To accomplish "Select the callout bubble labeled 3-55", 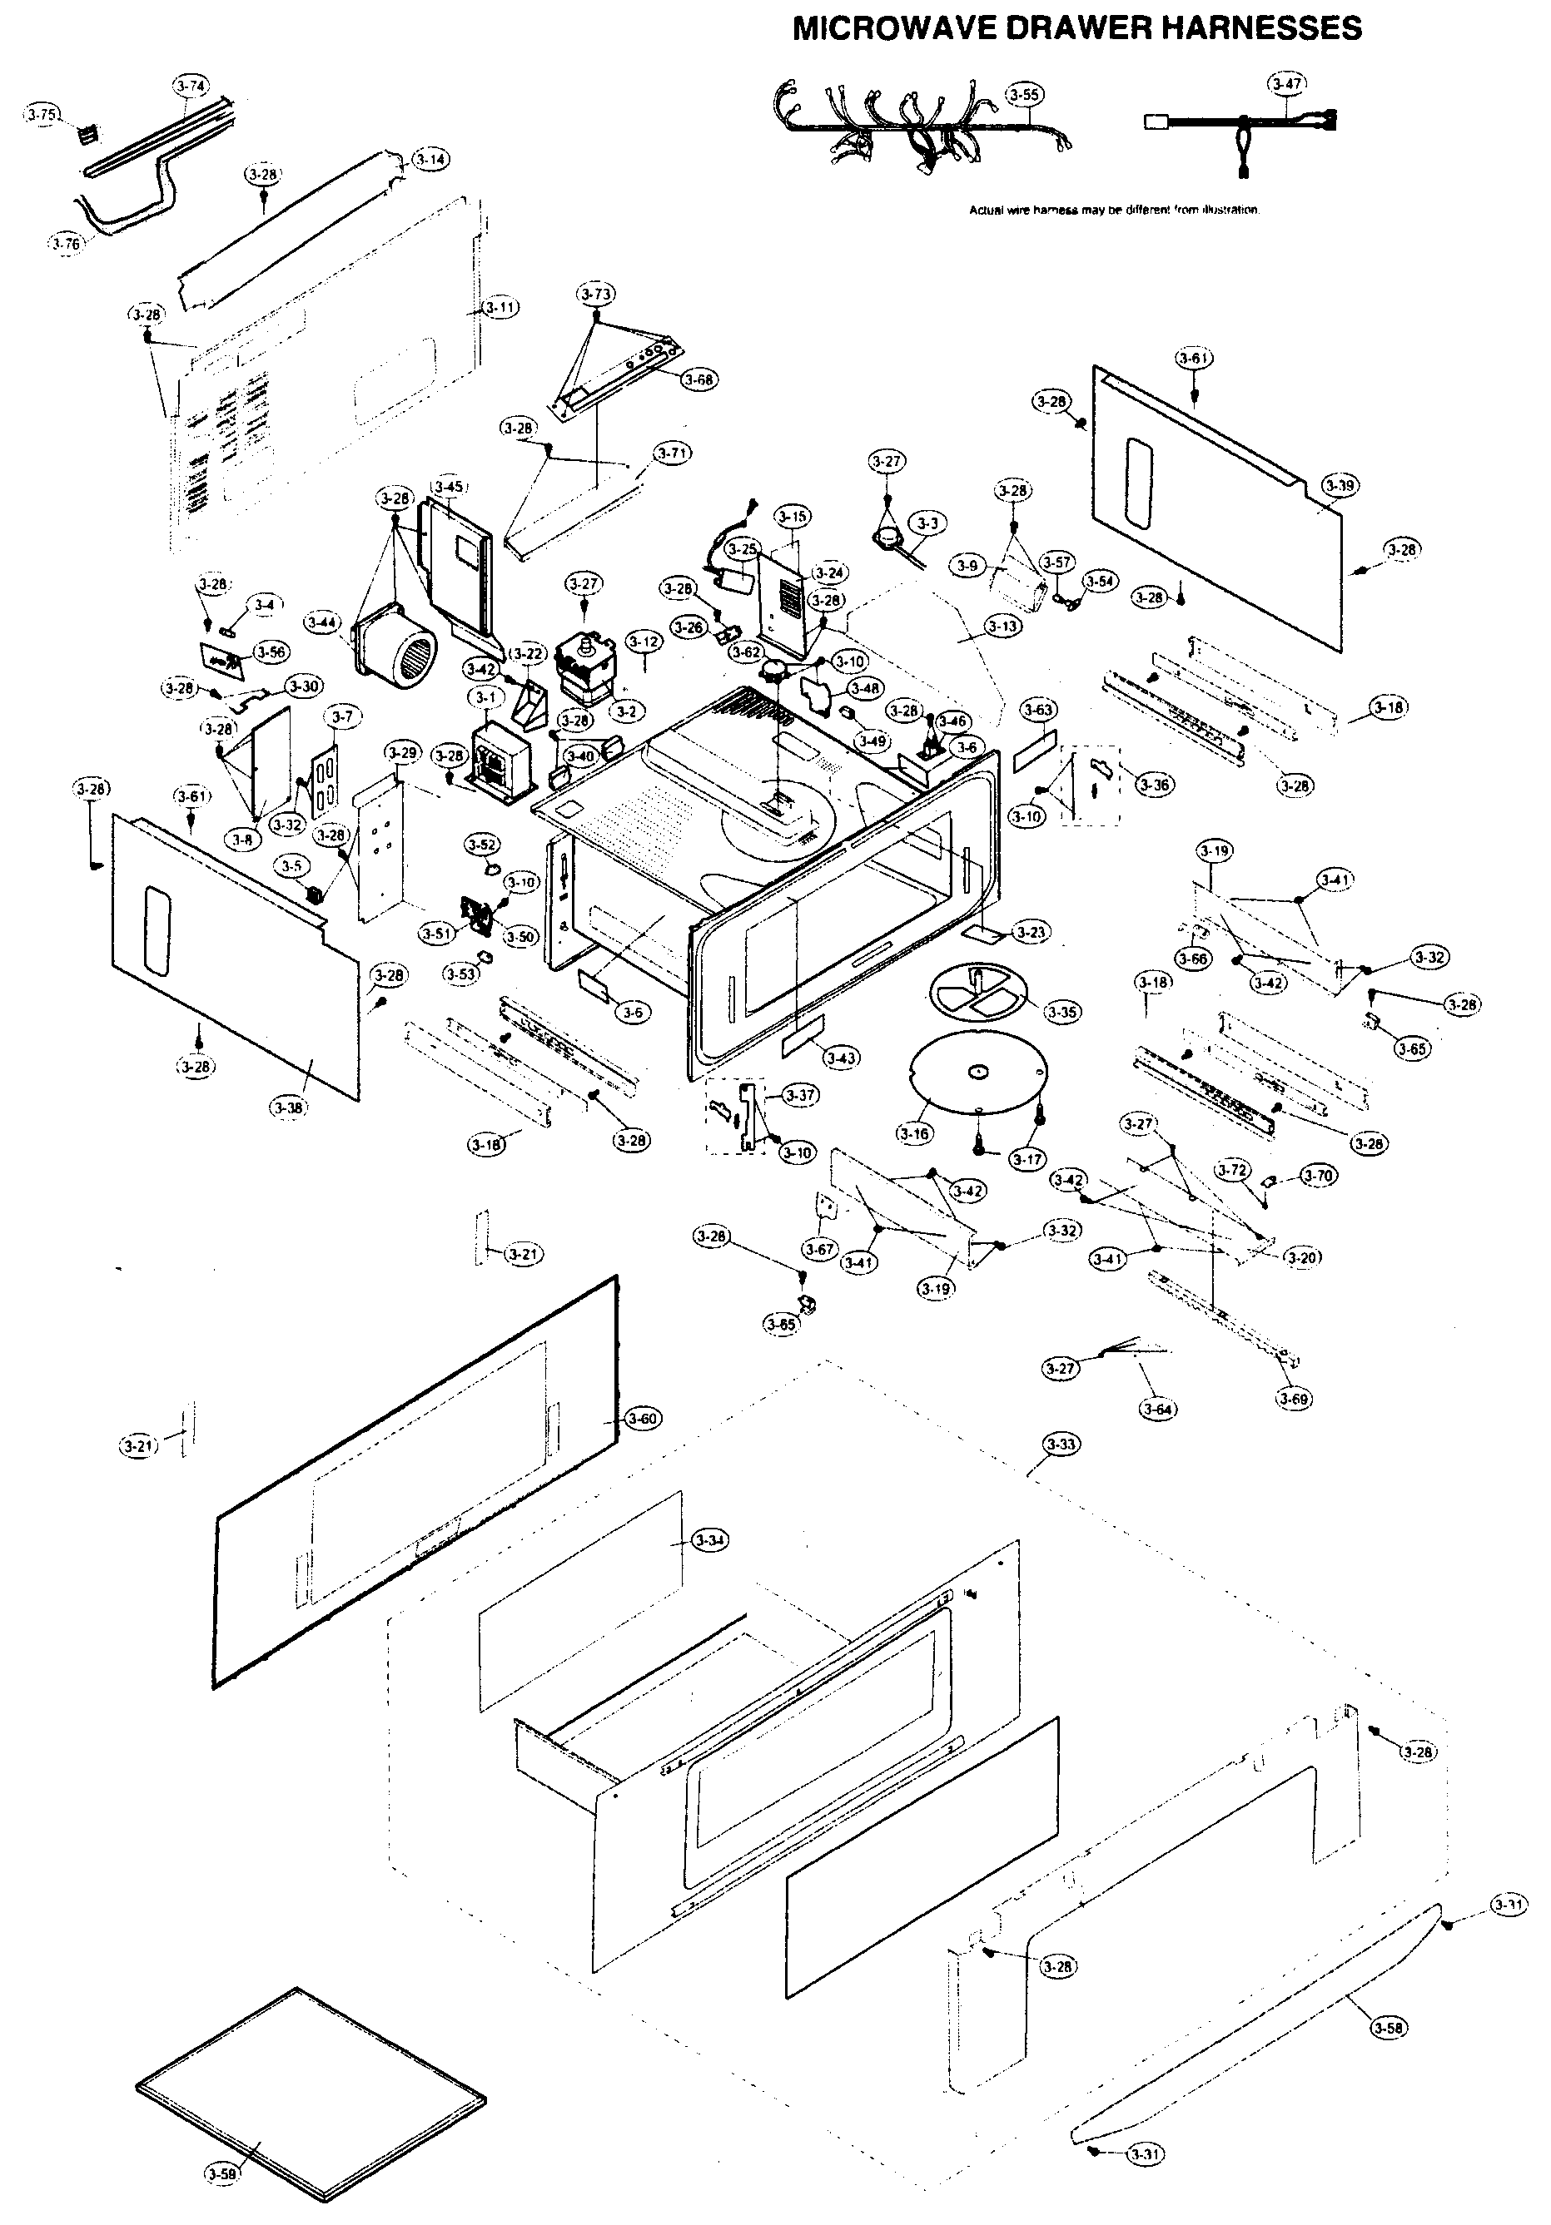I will click(1025, 95).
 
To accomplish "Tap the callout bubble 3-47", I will click(1286, 83).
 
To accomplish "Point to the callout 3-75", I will click(42, 114).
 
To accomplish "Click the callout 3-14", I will click(430, 159).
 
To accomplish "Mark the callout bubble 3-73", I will click(596, 293).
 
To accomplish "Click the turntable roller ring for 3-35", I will click(977, 990).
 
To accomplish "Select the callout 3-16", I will click(914, 1132).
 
